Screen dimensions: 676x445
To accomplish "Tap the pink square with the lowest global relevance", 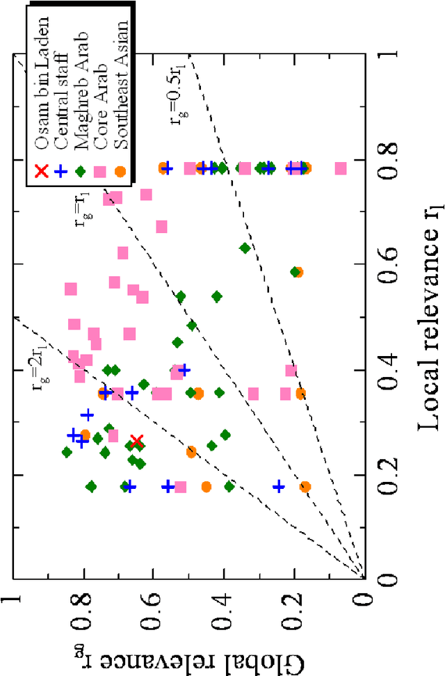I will pos(341,168).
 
